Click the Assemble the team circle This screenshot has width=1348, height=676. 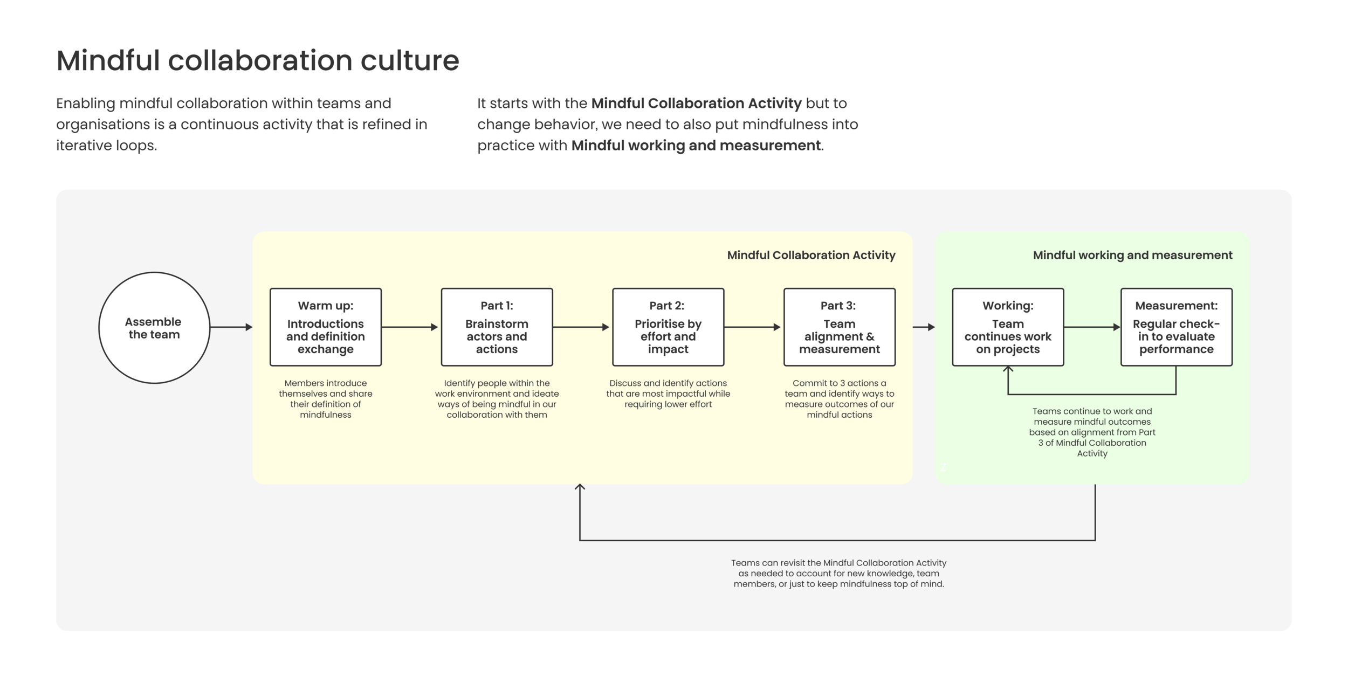pyautogui.click(x=154, y=328)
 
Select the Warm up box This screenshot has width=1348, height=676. pyautogui.click(x=326, y=327)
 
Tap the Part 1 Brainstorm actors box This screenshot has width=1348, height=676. pyautogui.click(x=497, y=327)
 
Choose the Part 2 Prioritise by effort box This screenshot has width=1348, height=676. pyautogui.click(x=668, y=327)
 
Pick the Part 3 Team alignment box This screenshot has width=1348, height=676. pyautogui.click(x=840, y=327)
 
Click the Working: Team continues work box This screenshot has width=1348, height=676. pyautogui.click(x=1008, y=327)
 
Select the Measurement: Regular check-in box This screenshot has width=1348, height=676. pyautogui.click(x=1177, y=327)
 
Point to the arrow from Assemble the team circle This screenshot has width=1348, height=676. pyautogui.click(x=231, y=327)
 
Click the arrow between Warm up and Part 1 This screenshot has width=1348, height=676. pyautogui.click(x=410, y=327)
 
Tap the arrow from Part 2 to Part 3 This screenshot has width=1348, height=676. pyautogui.click(x=752, y=327)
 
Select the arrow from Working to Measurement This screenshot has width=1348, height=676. pyautogui.click(x=1092, y=327)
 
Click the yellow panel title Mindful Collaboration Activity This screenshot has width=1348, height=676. pyautogui.click(x=811, y=255)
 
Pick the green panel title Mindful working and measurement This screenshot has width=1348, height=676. pyautogui.click(x=1132, y=255)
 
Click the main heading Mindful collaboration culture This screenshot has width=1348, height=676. pyautogui.click(x=258, y=60)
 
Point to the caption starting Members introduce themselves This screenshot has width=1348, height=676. pyautogui.click(x=326, y=399)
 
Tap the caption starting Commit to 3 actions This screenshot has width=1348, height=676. pyautogui.click(x=840, y=399)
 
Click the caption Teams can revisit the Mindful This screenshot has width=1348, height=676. pyautogui.click(x=838, y=573)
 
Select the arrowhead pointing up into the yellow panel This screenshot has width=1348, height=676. pyautogui.click(x=580, y=487)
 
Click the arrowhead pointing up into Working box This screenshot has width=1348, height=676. pyautogui.click(x=1008, y=370)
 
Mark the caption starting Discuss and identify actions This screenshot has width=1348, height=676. pyautogui.click(x=668, y=394)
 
